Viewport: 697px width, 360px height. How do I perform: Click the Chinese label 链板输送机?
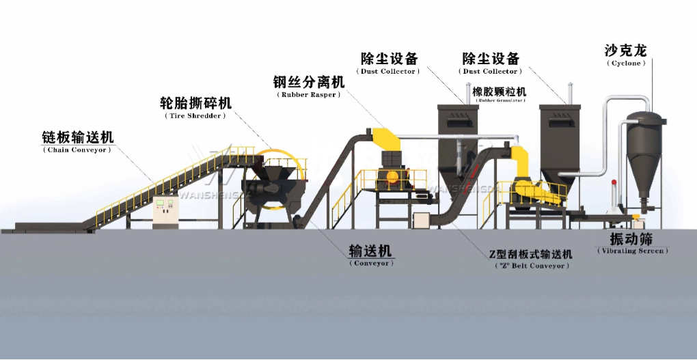(77, 137)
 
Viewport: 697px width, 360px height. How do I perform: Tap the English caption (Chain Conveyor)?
(77, 150)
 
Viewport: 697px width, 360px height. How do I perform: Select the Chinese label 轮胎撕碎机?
(195, 103)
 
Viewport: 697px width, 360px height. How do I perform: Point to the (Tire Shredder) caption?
(195, 116)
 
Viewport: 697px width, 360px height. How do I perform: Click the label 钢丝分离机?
(308, 82)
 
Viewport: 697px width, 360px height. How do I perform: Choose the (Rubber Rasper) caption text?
(308, 95)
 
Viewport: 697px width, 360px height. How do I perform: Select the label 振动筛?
(632, 239)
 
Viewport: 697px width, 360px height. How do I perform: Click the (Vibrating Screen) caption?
(632, 251)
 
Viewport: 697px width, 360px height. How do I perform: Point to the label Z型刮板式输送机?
(530, 254)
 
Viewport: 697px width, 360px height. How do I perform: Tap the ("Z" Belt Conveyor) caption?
(530, 266)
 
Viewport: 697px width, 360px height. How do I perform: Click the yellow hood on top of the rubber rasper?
(387, 139)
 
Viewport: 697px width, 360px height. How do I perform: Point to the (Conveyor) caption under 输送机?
(371, 263)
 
